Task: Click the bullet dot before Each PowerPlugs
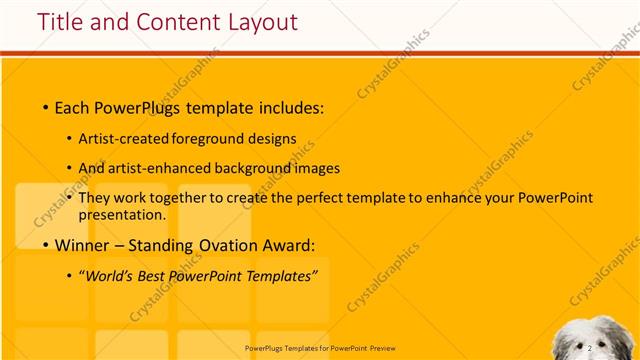coord(45,107)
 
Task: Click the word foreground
coord(209,141)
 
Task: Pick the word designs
coord(271,141)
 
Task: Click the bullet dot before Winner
coord(45,246)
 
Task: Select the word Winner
coord(82,245)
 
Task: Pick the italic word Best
coord(162,276)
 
